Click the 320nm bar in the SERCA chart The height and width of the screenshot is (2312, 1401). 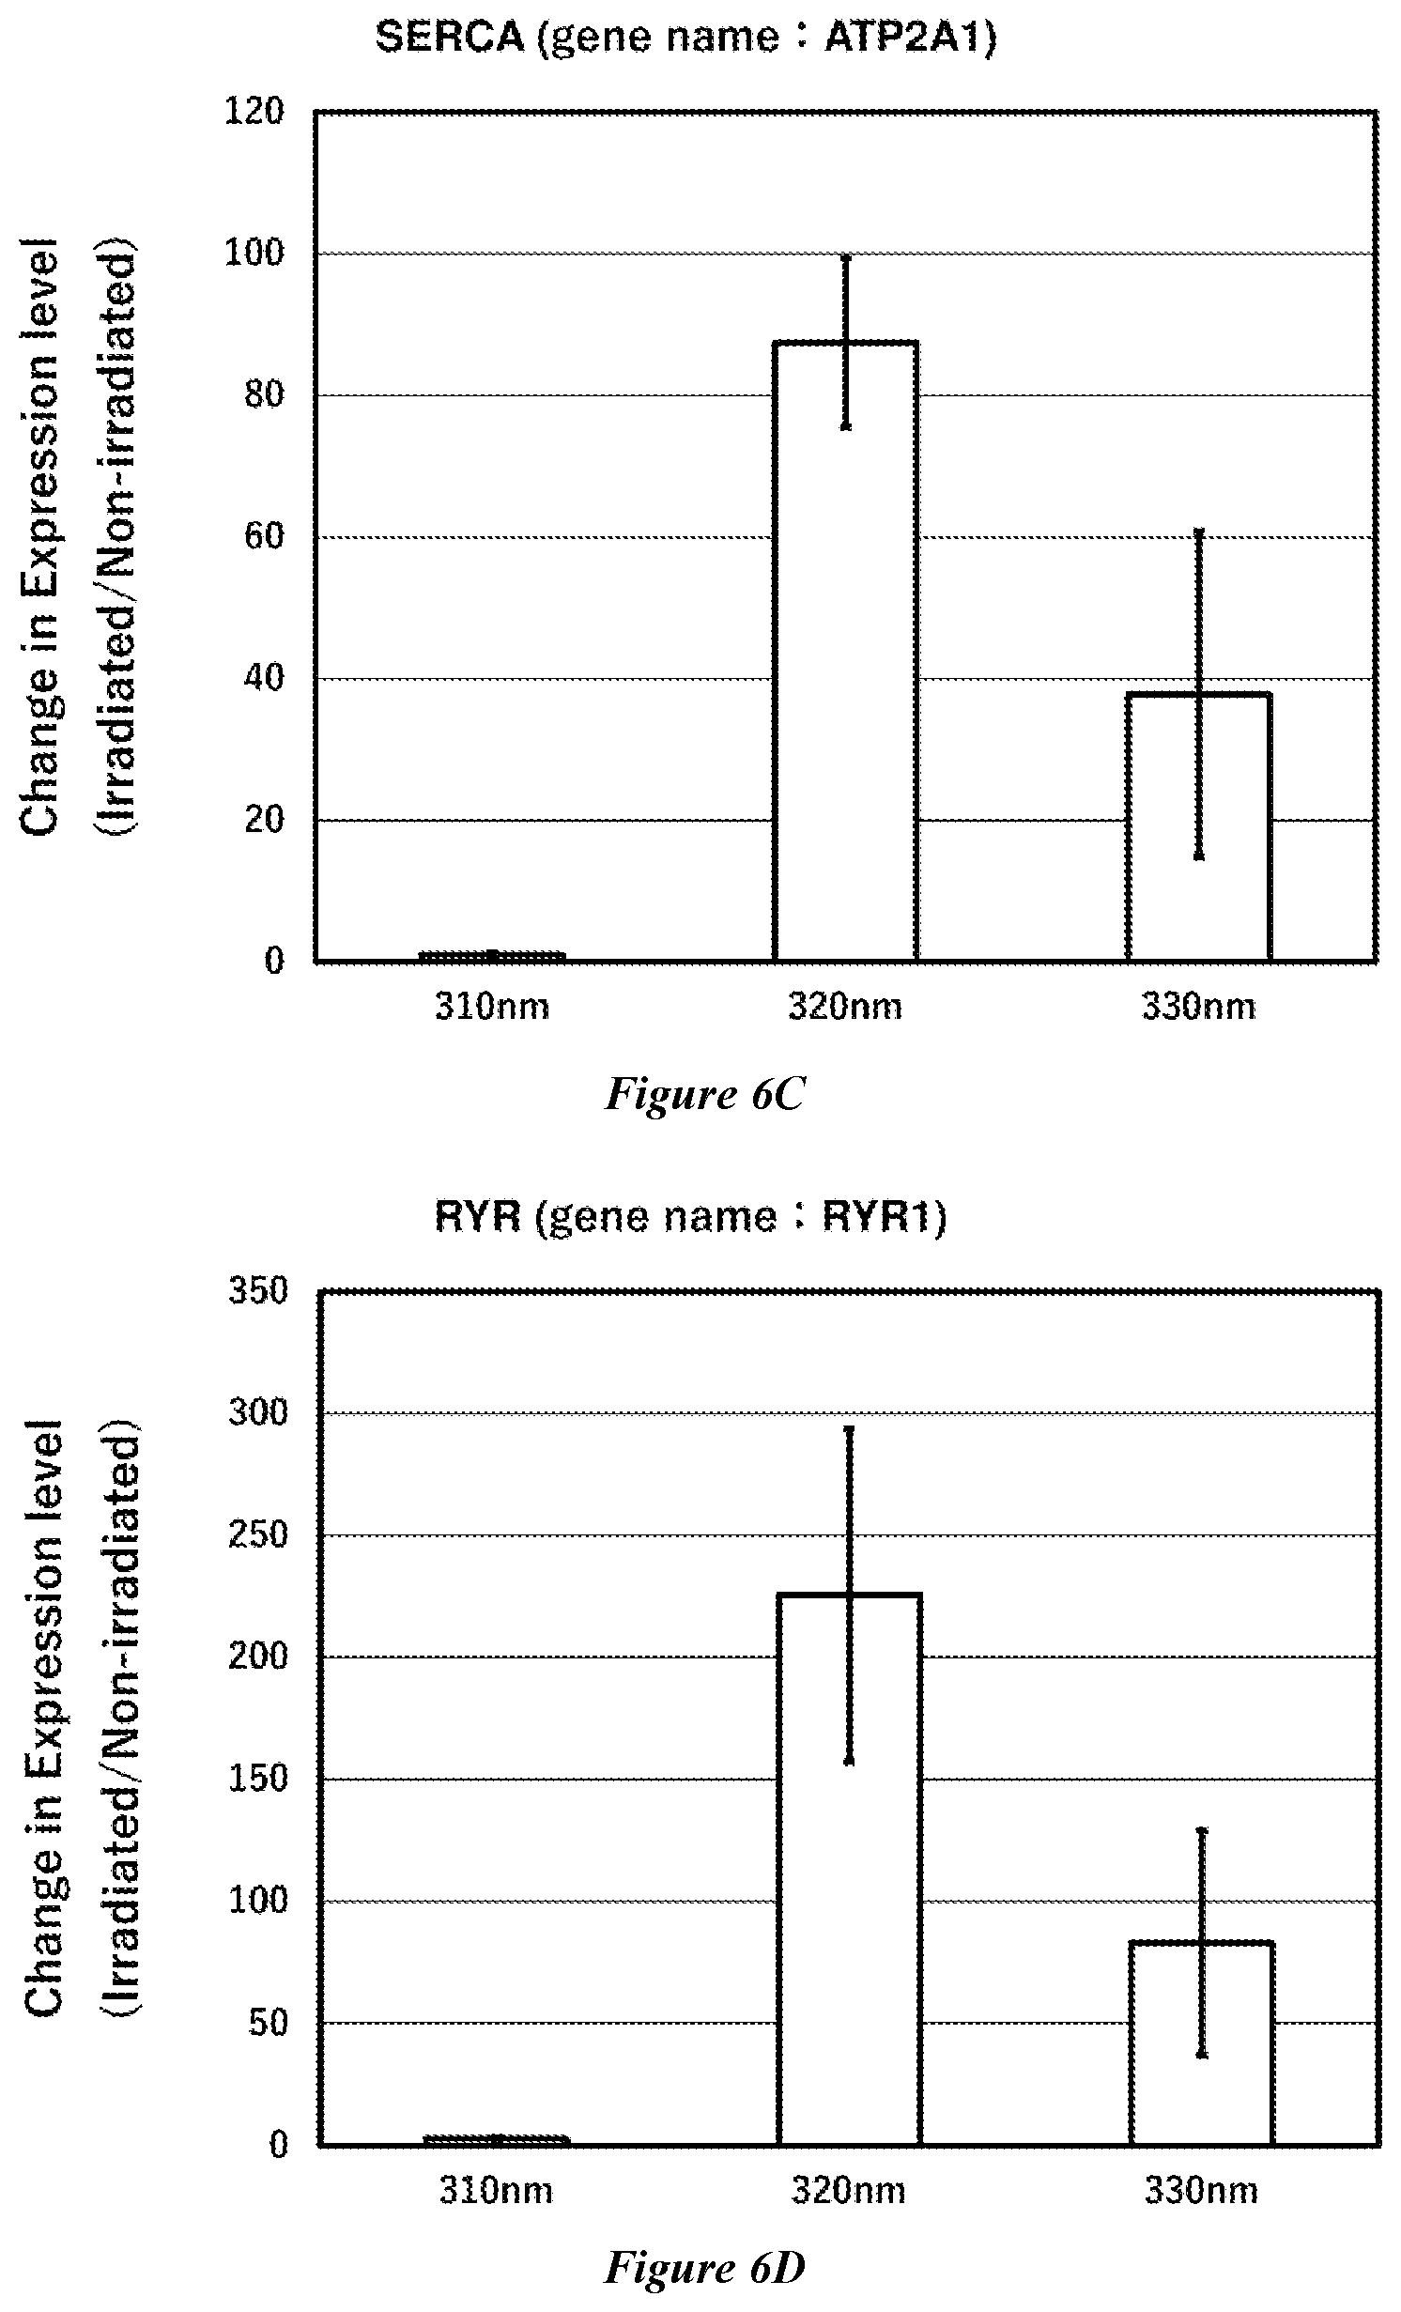click(845, 651)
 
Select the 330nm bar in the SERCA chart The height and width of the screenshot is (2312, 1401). click(1199, 827)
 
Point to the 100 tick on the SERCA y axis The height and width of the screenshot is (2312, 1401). click(254, 253)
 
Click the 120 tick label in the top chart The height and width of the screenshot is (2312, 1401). click(254, 112)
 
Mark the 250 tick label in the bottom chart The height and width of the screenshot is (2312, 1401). click(258, 1535)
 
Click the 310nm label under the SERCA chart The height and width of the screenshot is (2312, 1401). click(492, 1007)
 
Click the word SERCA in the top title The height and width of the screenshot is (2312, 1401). click(450, 39)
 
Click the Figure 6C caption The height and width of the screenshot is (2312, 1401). click(704, 1094)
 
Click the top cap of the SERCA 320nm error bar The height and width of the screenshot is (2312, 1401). click(845, 255)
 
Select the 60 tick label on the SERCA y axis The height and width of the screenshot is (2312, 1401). click(264, 536)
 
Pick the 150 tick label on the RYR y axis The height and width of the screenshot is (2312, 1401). click(258, 1780)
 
